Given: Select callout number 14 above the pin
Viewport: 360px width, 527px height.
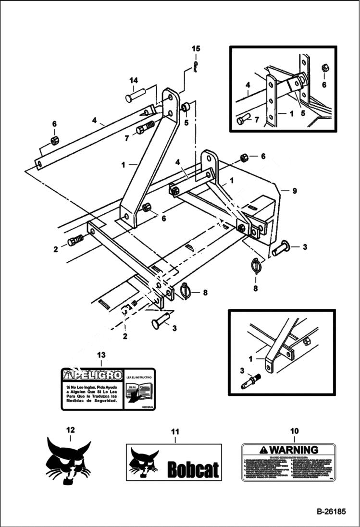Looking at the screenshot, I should click(133, 80).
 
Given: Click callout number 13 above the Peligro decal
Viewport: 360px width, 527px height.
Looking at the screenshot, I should click(100, 355).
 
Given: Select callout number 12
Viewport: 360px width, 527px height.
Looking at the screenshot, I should click(70, 430).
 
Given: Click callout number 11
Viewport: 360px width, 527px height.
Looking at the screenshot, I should click(175, 432).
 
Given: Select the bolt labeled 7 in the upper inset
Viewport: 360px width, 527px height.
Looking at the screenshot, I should click(242, 120).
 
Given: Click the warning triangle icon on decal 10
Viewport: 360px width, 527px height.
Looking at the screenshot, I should click(263, 450).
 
